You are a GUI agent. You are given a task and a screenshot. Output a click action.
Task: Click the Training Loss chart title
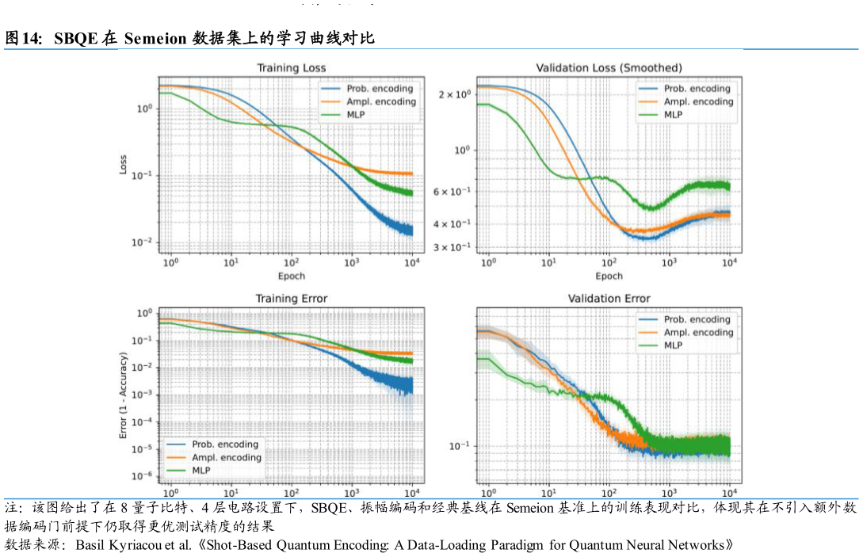click(291, 68)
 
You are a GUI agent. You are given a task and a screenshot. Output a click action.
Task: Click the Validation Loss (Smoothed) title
click(609, 68)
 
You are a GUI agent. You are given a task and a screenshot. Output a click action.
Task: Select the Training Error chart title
click(291, 299)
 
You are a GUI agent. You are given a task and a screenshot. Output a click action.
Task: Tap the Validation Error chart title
click(609, 299)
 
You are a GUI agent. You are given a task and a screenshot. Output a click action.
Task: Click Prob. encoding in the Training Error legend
click(225, 444)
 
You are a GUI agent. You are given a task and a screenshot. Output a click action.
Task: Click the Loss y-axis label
click(124, 164)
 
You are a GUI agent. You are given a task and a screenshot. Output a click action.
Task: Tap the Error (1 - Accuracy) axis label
click(124, 396)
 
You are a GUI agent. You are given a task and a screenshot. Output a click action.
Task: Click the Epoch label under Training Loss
click(291, 276)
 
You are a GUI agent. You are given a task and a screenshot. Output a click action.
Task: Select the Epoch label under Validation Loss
click(609, 276)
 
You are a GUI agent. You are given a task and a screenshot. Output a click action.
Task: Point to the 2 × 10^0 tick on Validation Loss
click(455, 95)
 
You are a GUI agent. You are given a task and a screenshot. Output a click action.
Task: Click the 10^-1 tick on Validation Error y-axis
click(460, 446)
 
